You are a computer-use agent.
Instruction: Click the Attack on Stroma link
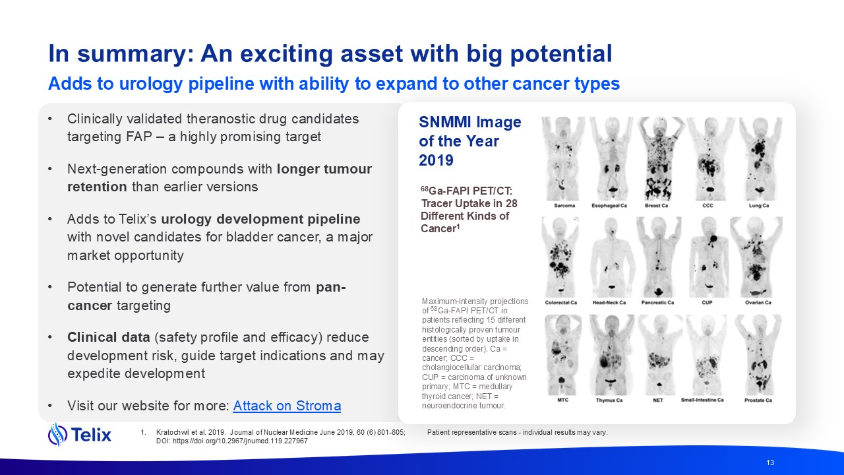pyautogui.click(x=287, y=406)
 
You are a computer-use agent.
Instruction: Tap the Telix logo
pyautogui.click(x=80, y=434)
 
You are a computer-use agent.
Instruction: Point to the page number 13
pyautogui.click(x=770, y=462)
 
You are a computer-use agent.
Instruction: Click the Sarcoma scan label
pyautogui.click(x=564, y=205)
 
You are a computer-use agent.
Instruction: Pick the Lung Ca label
pyautogui.click(x=758, y=205)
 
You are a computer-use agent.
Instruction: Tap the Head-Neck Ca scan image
pyautogui.click(x=611, y=257)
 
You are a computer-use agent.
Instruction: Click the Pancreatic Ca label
pyautogui.click(x=657, y=302)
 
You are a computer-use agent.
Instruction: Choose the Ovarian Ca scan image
pyautogui.click(x=756, y=257)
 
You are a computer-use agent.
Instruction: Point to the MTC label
pyautogui.click(x=563, y=400)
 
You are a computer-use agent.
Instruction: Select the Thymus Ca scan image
pyautogui.click(x=611, y=355)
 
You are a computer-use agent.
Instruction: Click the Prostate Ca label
pyautogui.click(x=758, y=400)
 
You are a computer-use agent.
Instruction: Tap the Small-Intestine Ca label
pyautogui.click(x=702, y=400)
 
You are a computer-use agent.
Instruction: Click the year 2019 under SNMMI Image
pyautogui.click(x=436, y=160)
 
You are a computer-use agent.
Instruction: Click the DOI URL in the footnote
pyautogui.click(x=241, y=441)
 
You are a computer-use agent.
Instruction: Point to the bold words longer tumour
pyautogui.click(x=324, y=169)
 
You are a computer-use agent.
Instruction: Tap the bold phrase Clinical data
pyautogui.click(x=109, y=337)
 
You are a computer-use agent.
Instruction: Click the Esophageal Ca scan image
pyautogui.click(x=611, y=159)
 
